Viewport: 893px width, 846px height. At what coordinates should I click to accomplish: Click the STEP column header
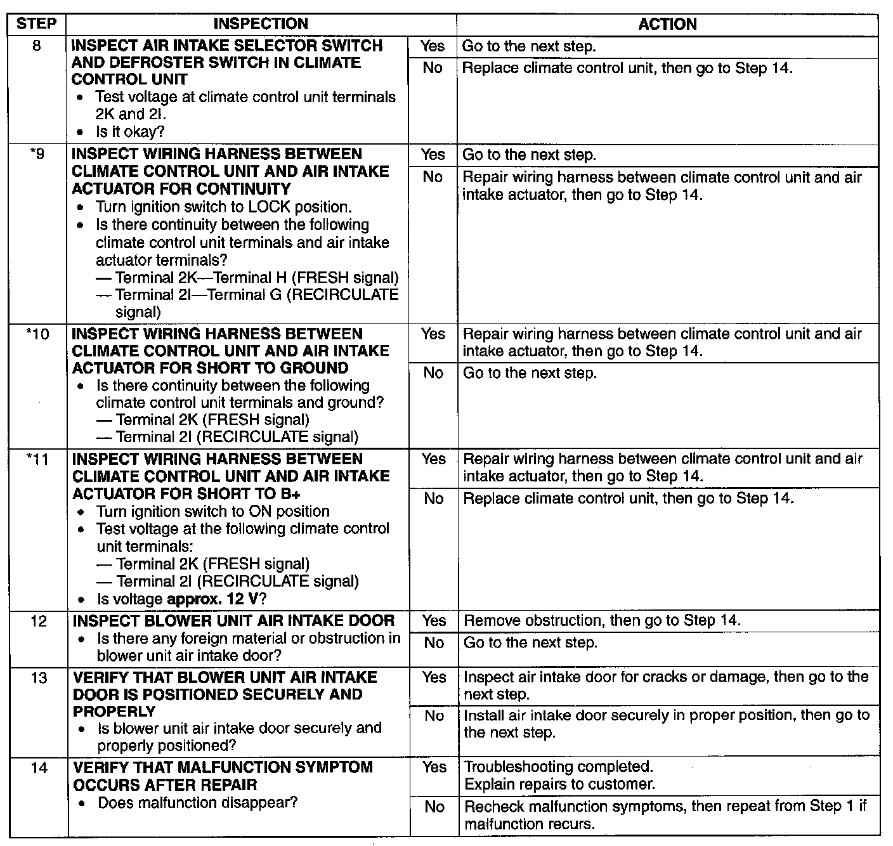click(36, 25)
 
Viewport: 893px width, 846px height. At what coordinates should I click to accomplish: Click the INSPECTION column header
click(261, 25)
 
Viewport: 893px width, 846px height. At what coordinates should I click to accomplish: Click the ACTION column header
click(667, 25)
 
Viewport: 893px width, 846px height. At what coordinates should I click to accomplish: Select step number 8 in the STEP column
click(36, 46)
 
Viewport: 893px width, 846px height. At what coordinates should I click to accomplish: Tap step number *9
click(37, 154)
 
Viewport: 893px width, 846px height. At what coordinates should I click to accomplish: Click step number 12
click(39, 621)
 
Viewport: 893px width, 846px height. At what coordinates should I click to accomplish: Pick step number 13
click(39, 678)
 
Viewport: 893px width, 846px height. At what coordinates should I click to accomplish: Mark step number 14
click(39, 768)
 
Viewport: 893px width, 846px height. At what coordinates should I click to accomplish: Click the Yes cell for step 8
click(433, 46)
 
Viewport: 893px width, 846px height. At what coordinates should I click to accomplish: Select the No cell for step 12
click(434, 643)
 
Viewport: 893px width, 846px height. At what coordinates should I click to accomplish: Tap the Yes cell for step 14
click(434, 767)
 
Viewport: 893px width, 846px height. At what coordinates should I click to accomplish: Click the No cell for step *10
click(433, 373)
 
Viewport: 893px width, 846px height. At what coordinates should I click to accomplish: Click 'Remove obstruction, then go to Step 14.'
click(602, 620)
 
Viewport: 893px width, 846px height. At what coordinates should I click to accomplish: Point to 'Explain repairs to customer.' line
click(559, 784)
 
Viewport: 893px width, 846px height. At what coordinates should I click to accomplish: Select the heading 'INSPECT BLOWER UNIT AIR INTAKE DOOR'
click(234, 621)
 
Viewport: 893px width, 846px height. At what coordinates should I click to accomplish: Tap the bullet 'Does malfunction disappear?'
click(197, 803)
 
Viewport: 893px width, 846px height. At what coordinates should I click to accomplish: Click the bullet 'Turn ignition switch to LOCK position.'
click(223, 207)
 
